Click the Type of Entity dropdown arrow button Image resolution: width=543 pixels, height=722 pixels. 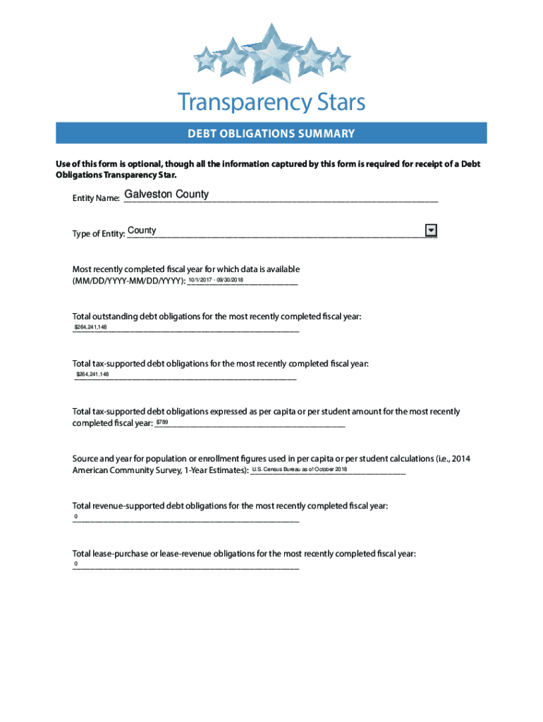coord(431,231)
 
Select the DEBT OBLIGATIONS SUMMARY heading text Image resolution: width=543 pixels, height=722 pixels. coord(271,133)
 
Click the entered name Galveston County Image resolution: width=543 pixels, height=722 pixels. coord(166,194)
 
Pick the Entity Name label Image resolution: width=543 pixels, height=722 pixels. coord(96,199)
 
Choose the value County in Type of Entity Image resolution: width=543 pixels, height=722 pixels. coord(142,231)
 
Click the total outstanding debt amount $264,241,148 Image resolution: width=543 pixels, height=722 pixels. coord(91,328)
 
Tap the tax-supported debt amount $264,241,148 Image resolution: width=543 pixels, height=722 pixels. coord(92,374)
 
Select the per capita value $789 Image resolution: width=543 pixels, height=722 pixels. coord(162,422)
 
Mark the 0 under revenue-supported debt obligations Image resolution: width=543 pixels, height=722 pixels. coord(75,518)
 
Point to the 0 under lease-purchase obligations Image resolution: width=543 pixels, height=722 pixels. coord(76,565)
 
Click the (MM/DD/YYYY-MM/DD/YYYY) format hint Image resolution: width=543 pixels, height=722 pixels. coord(129,281)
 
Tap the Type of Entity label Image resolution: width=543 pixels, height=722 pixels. coord(99,234)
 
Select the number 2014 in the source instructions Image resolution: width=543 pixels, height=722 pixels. coord(460,459)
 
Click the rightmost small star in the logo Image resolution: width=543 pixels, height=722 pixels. coord(339,60)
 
